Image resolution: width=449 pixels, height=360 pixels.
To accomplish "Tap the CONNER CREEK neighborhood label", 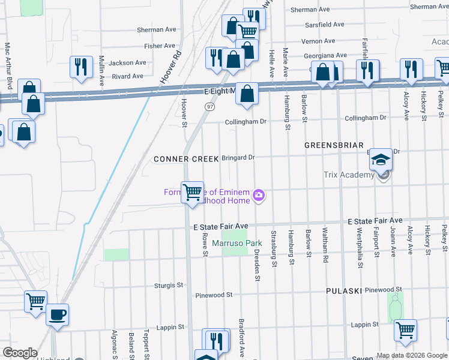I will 186,159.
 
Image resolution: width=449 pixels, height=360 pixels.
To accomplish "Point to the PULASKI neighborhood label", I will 343,290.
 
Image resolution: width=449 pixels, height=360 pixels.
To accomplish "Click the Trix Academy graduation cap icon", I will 381,160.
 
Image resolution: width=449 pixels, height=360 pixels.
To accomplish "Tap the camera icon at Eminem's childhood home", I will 259,194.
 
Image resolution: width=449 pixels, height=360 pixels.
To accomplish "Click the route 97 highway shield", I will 209,106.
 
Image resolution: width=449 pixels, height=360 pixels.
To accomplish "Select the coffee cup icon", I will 58,315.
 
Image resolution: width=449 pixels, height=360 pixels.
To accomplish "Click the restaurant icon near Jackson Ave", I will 80,67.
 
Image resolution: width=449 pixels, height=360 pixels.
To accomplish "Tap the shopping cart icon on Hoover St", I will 193,193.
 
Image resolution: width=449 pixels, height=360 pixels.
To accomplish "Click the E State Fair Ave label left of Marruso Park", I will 220,226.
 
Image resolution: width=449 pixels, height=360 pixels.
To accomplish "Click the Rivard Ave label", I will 128,76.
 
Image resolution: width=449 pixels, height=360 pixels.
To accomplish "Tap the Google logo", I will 20,353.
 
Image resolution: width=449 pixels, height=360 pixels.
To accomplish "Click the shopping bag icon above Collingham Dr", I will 246,94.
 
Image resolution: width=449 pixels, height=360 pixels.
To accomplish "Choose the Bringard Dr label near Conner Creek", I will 239,158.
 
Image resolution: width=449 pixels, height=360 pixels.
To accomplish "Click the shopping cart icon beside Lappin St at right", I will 405,329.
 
